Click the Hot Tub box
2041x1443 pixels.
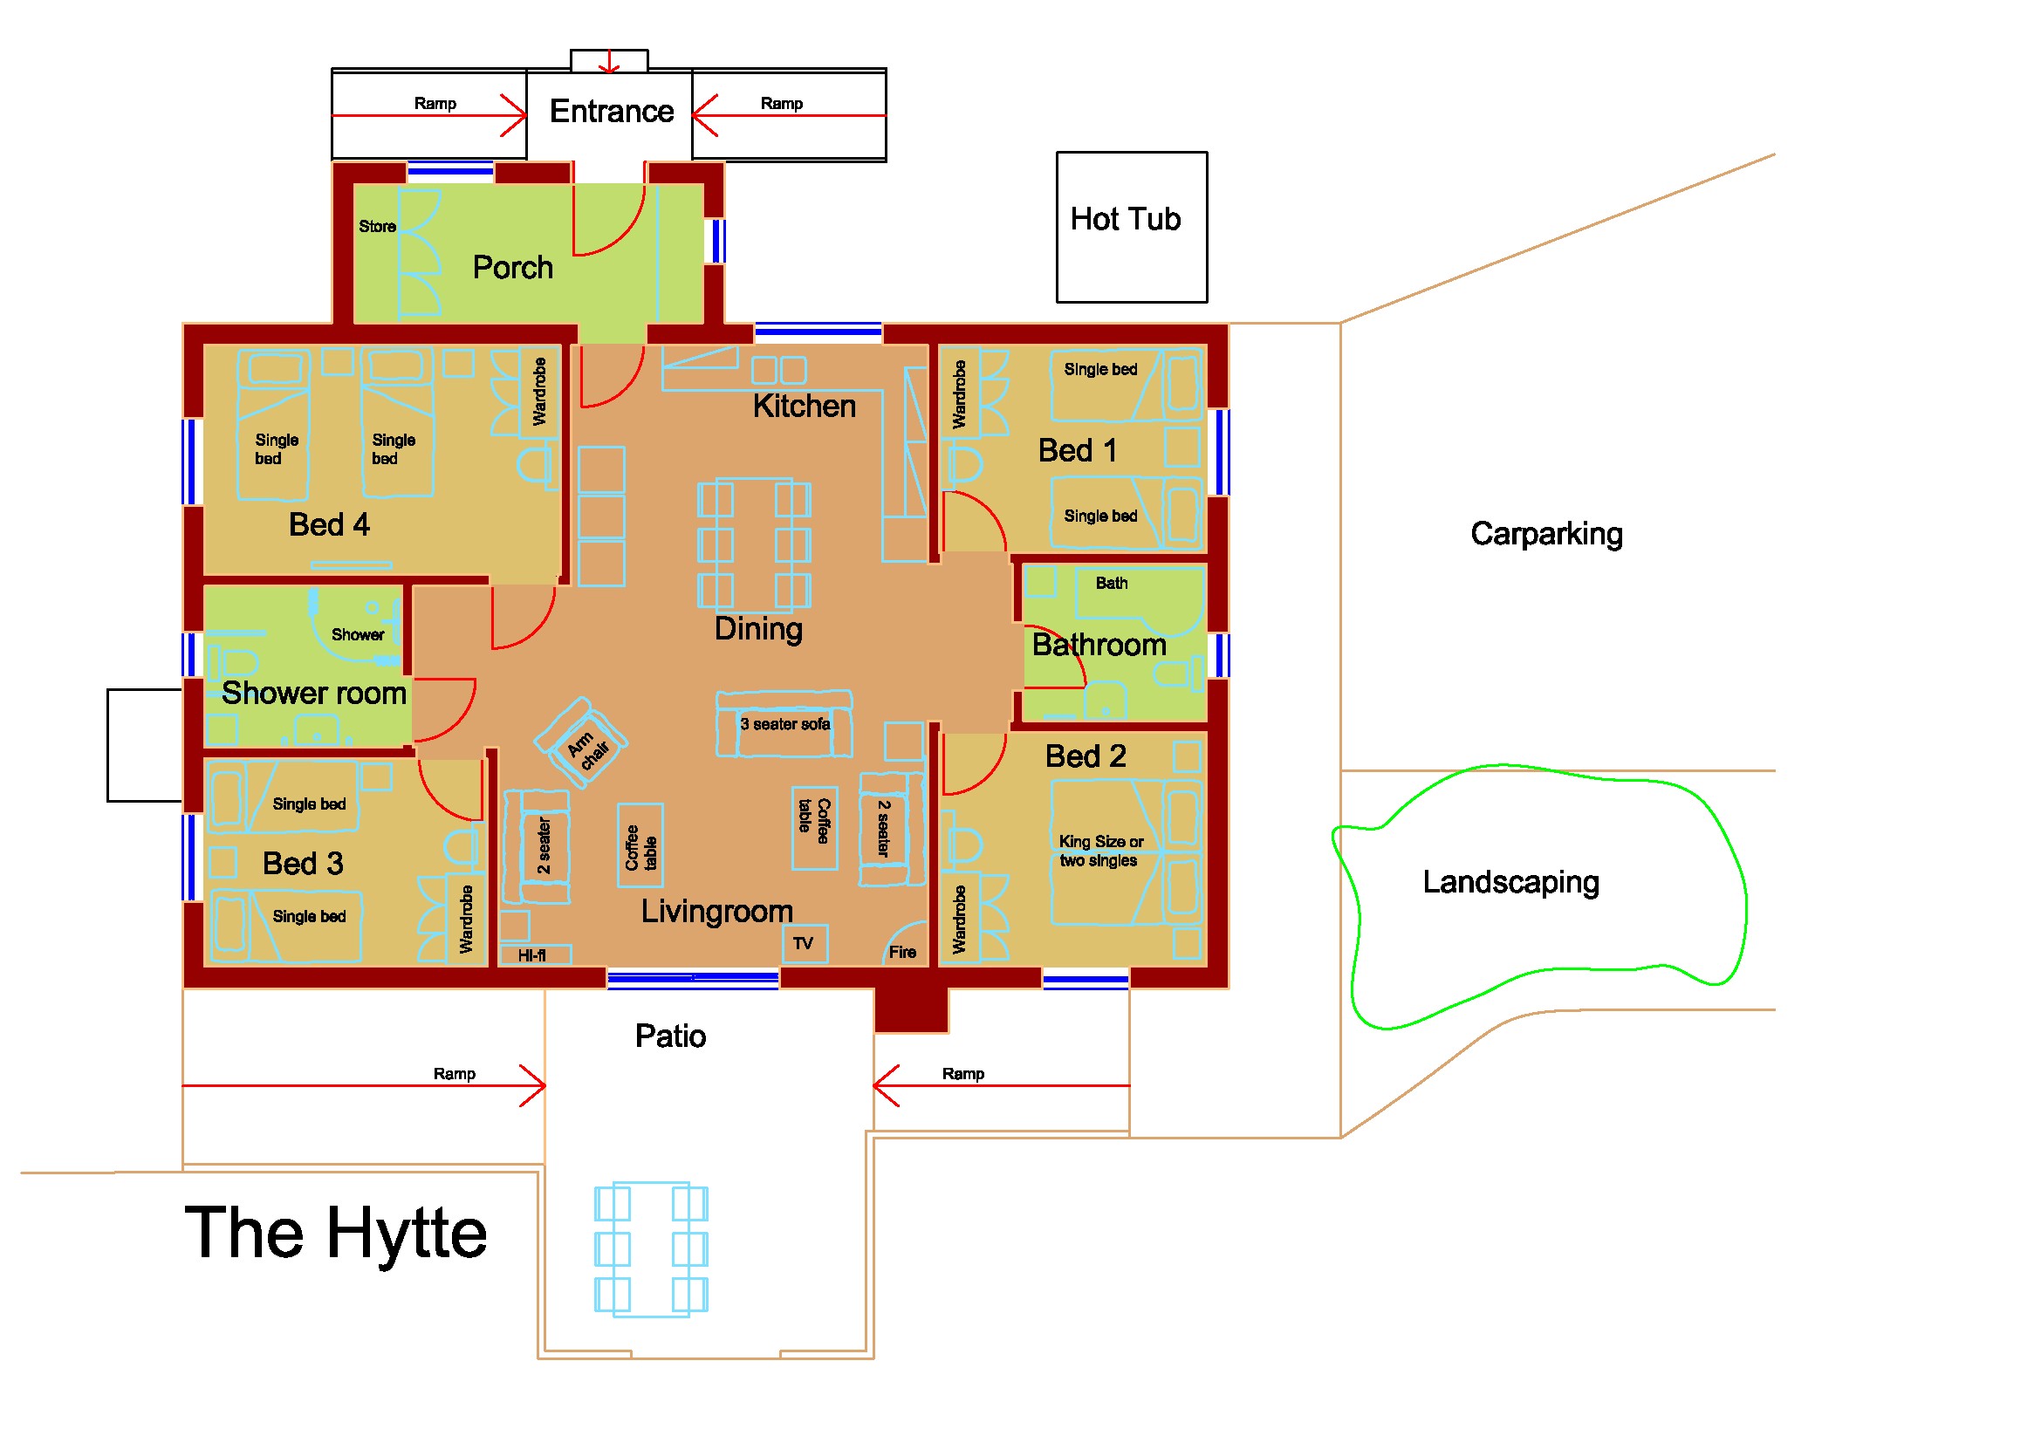click(x=1131, y=228)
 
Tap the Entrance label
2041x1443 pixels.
click(x=612, y=112)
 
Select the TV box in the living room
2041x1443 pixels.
click(x=805, y=944)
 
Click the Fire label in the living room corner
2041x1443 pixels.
click(x=902, y=953)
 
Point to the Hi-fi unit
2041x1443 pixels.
click(x=533, y=956)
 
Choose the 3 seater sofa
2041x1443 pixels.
click(x=784, y=725)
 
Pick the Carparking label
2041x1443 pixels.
click(x=1546, y=534)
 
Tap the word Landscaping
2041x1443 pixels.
click(x=1510, y=882)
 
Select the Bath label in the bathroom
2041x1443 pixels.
click(x=1111, y=584)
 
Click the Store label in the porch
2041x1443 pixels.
click(x=377, y=227)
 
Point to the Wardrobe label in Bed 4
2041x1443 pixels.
click(x=539, y=392)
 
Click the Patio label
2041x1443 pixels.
click(x=670, y=1036)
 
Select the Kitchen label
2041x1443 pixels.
click(x=804, y=407)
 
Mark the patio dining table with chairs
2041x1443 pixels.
click(x=651, y=1249)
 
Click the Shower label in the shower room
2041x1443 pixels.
click(x=358, y=635)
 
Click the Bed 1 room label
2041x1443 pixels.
click(x=1078, y=451)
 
